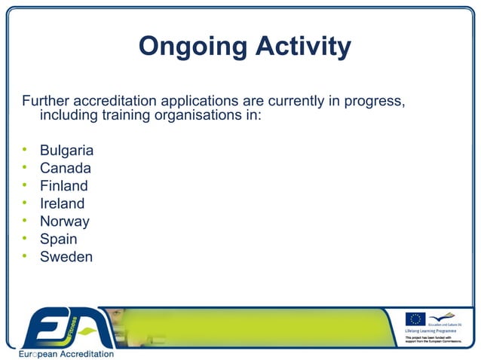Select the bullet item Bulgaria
66,150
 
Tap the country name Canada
65,168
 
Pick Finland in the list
63,185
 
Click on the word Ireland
62,203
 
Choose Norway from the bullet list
64,221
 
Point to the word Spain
58,239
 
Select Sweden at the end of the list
66,257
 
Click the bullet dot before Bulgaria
24,150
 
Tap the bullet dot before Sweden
24,257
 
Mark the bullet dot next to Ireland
24,203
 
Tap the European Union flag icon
415,319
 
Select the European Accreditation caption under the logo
66,353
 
